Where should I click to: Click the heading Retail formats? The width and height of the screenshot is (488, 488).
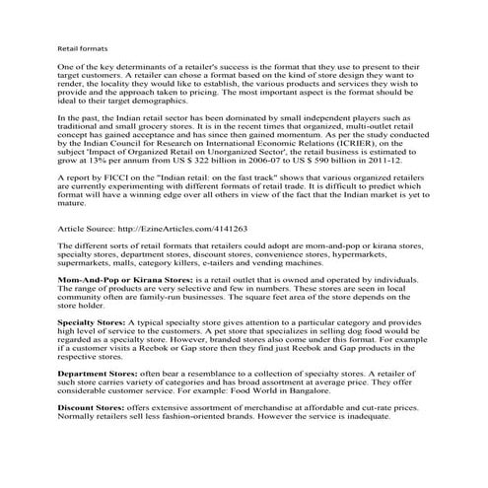pyautogui.click(x=82, y=47)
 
